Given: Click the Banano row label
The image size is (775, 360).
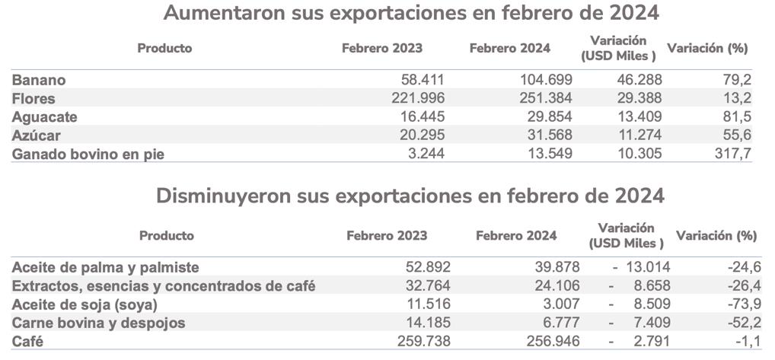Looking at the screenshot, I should tap(38, 80).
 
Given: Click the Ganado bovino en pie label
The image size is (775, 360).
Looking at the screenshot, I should tap(88, 154).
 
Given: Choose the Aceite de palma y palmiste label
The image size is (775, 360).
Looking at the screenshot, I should tap(106, 267).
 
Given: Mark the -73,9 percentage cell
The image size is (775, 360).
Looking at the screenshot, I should tap(742, 304).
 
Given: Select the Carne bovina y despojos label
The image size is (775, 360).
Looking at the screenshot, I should tap(99, 323).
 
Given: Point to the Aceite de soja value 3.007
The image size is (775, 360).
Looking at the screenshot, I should tap(558, 304).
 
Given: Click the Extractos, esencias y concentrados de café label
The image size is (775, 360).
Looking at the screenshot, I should tap(164, 286).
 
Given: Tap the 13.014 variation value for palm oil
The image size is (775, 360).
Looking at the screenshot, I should tap(644, 267).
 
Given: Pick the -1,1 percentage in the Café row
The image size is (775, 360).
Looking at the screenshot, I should tap(745, 342).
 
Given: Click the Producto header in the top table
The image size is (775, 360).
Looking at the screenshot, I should tap(164, 48).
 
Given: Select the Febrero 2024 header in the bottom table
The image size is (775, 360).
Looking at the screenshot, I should tap(516, 235).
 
